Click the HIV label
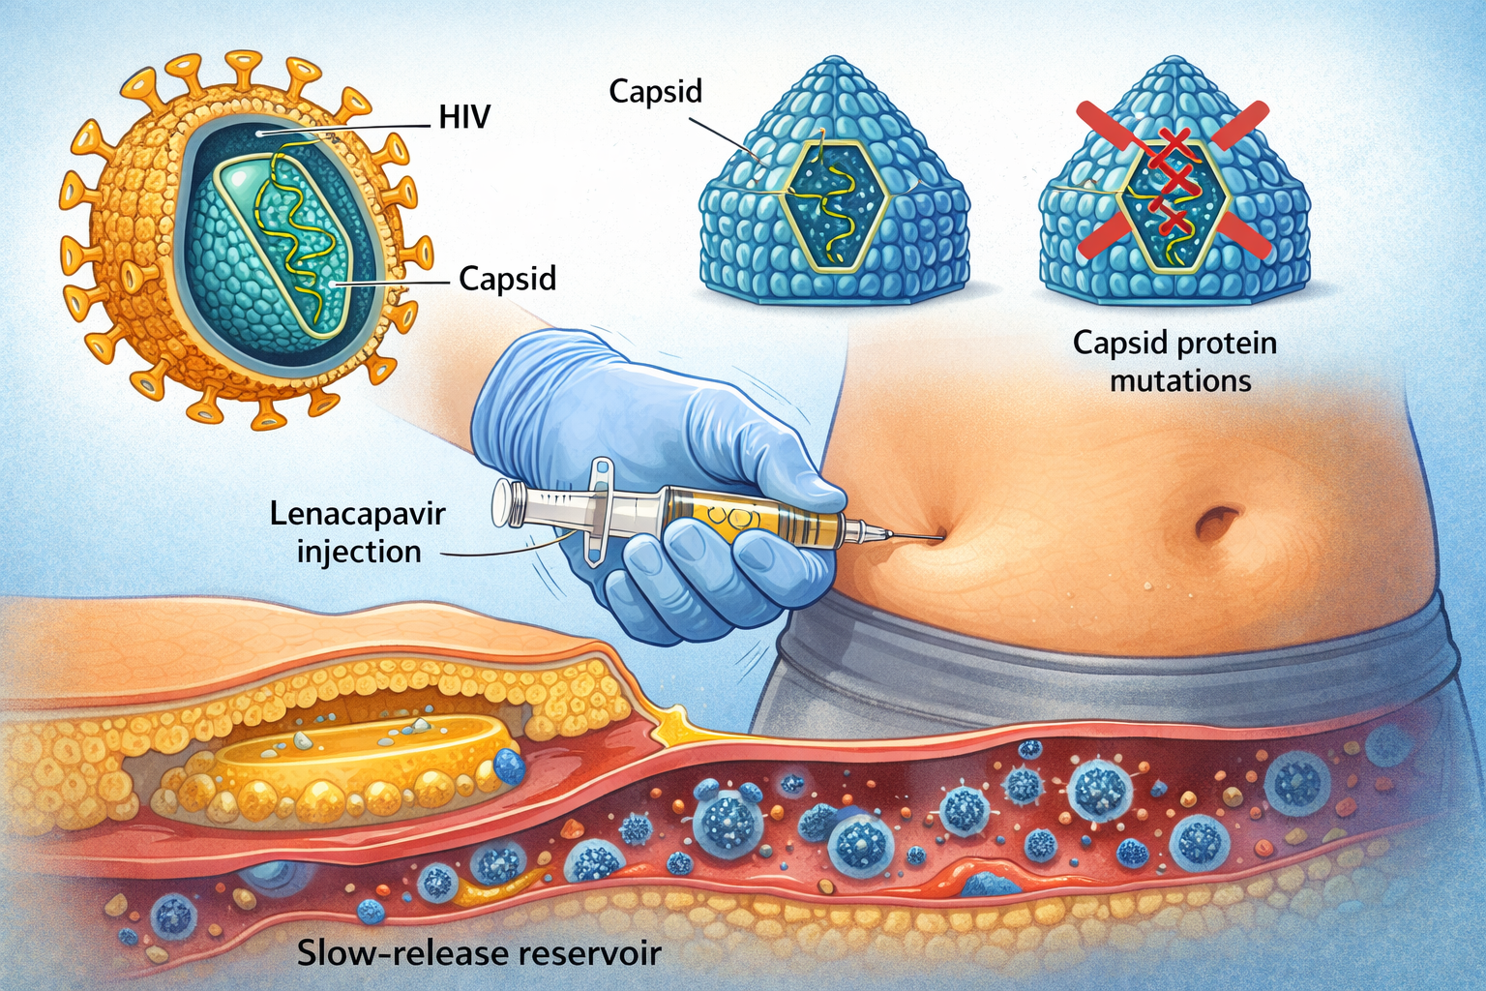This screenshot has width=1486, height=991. coord(464,118)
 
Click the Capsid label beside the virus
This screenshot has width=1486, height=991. coord(507,279)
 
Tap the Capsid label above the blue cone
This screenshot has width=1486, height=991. coord(655,92)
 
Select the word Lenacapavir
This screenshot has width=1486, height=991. coord(358,513)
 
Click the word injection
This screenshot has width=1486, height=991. coord(359,552)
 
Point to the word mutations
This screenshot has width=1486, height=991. coord(1180,380)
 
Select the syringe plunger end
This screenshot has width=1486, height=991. coord(502,503)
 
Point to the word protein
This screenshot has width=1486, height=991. coord(1227,344)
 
